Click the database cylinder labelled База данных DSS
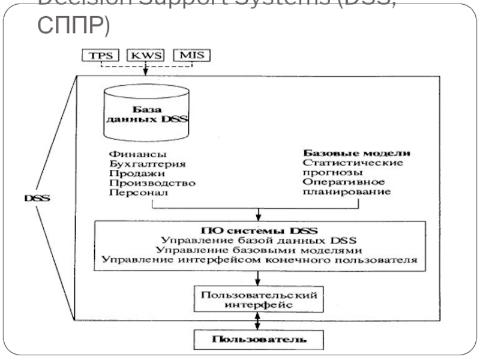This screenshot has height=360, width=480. pos(145,109)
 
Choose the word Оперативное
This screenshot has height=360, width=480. pos(344,182)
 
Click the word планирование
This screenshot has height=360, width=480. pos(346,192)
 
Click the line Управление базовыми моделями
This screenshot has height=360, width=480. pos(258,250)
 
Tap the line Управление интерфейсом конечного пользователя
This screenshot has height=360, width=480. pos(258,260)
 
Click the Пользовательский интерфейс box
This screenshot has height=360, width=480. pos(259,300)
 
